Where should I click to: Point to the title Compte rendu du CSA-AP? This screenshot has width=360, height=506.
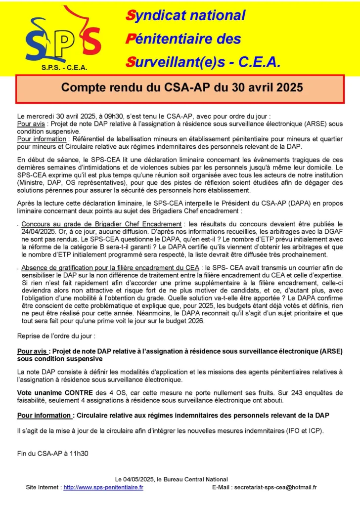point(182,88)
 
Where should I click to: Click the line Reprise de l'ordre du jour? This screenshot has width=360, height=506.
point(56,336)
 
